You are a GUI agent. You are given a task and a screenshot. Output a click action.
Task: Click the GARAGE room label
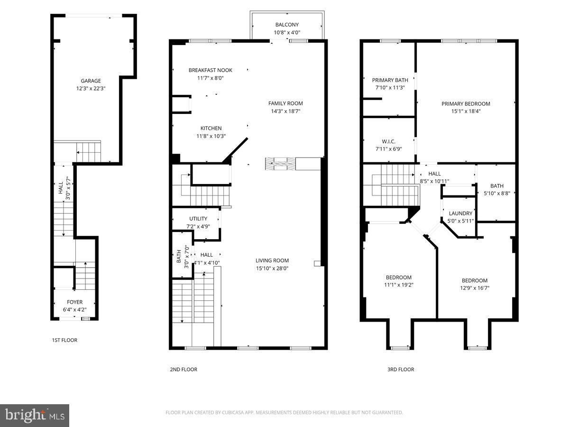(91, 81)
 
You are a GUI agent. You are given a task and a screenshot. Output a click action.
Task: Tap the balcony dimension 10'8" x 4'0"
(287, 32)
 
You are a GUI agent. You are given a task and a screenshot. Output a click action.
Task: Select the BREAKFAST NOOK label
(210, 70)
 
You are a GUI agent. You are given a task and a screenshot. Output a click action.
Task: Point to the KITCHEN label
(211, 128)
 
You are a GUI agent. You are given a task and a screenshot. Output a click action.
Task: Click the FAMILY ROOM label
(285, 103)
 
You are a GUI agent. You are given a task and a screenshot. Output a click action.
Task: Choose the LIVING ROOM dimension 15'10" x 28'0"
(272, 269)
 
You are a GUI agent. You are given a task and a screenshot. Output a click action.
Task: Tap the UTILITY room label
(198, 219)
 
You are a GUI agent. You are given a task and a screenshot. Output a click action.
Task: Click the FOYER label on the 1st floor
(74, 302)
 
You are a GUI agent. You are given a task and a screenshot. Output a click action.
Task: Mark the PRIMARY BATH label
(390, 80)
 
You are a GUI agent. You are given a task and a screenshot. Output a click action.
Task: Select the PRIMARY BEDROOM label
(466, 104)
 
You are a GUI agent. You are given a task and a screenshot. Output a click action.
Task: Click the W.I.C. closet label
(388, 141)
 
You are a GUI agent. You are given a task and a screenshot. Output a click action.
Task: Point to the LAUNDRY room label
(460, 213)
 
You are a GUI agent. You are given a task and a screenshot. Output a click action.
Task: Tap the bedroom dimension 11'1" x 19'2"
(399, 285)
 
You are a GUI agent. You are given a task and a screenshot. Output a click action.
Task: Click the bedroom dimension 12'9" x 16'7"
(475, 288)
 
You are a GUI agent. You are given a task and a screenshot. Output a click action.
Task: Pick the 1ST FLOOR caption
(64, 340)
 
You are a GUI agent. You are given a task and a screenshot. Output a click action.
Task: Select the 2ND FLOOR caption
(184, 370)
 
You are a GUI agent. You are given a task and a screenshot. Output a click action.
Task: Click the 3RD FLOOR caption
(401, 370)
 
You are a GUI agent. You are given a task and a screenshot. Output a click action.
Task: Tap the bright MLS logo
(35, 415)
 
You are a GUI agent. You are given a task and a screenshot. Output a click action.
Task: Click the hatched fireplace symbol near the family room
(280, 164)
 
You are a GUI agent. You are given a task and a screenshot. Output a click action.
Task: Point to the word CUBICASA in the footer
(232, 412)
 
